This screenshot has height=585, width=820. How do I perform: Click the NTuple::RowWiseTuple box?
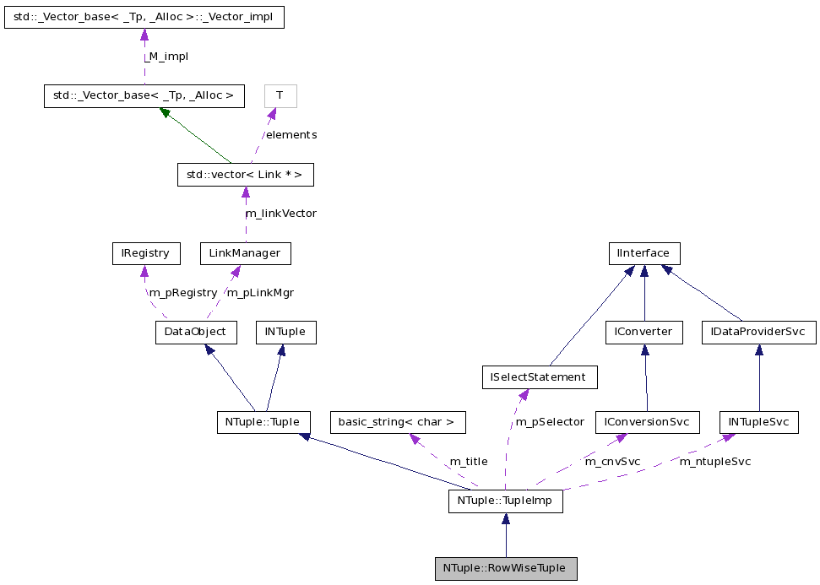506,568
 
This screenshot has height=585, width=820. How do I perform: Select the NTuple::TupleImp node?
505,501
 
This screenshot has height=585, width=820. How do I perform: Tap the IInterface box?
644,253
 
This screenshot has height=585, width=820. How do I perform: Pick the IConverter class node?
644,333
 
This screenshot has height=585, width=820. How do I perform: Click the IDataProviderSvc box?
758,333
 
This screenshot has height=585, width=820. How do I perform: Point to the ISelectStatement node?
539,377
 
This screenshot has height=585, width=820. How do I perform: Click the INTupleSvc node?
758,422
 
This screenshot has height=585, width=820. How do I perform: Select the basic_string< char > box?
397,422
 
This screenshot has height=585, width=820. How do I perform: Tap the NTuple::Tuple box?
263,422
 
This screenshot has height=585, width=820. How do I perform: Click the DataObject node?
194,332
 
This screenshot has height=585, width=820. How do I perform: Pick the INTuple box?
285,332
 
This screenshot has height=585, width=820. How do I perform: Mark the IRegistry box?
145,253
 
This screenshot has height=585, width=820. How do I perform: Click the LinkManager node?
245,253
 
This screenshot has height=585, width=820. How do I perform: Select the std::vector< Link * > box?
245,175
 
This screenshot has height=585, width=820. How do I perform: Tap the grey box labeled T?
280,96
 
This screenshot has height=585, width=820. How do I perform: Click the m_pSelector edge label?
550,422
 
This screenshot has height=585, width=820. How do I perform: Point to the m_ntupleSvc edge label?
715,462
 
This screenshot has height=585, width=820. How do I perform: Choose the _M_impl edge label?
166,57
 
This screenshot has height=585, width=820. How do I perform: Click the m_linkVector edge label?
280,214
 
